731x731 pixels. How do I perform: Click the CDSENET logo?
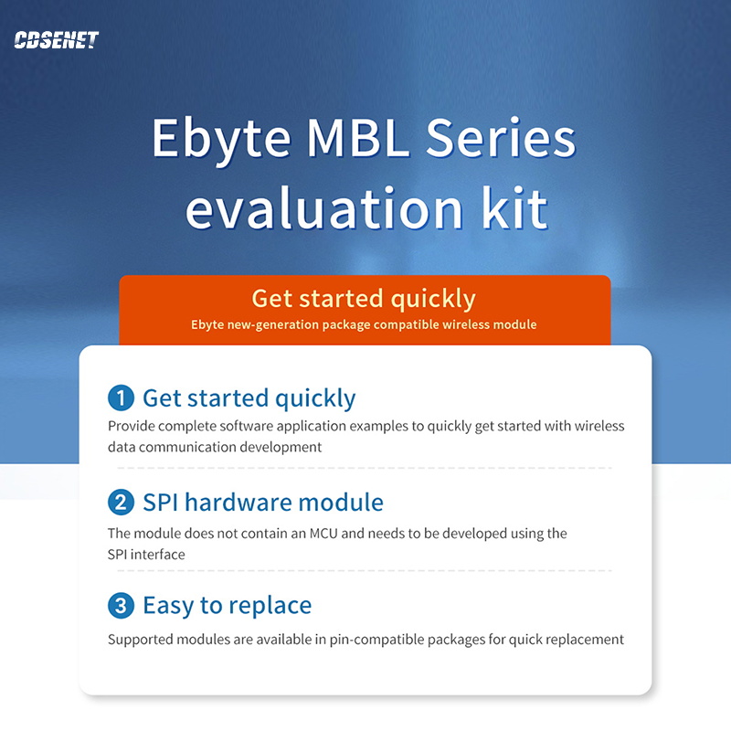[x=57, y=40]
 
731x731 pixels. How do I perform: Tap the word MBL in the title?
[x=358, y=138]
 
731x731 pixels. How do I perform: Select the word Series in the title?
[x=501, y=138]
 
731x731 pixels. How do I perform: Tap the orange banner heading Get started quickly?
[x=364, y=300]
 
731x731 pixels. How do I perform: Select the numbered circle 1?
[x=122, y=397]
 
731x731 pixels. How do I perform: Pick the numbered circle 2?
[x=122, y=502]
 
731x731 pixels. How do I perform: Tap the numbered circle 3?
[x=122, y=606]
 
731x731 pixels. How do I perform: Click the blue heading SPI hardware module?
[x=263, y=503]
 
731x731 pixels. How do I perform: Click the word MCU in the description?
[x=323, y=534]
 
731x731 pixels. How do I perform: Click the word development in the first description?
[x=281, y=448]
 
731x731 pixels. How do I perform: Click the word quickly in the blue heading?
[x=315, y=399]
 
